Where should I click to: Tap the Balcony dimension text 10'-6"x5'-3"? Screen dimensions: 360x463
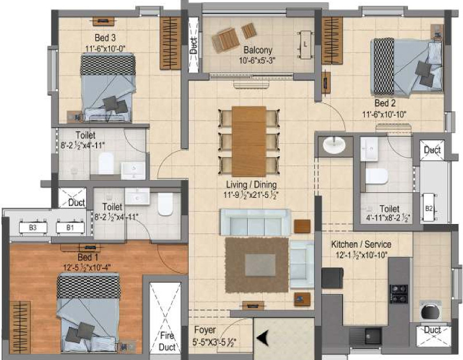[x=258, y=60]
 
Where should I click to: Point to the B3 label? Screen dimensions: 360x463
[x=32, y=228]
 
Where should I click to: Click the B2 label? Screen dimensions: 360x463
[x=429, y=208]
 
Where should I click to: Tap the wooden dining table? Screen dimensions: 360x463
[x=249, y=141]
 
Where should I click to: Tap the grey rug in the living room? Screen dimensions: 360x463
[x=256, y=265]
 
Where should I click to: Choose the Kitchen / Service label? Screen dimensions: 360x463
[x=361, y=244]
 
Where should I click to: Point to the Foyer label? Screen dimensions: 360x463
[x=205, y=330]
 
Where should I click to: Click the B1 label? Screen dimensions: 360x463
[x=70, y=228]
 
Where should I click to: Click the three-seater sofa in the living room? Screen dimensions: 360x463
[x=255, y=222]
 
